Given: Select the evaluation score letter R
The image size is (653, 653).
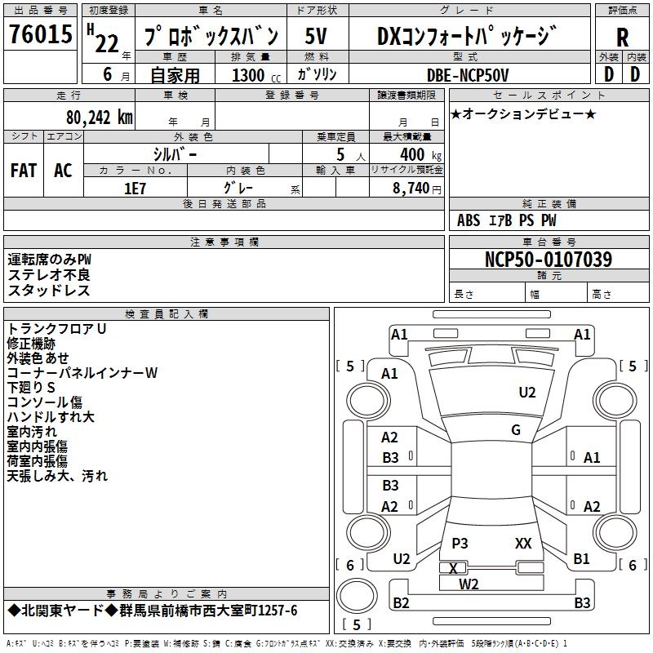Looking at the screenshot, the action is click(622, 37).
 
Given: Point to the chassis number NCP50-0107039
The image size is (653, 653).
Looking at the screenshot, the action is click(548, 260).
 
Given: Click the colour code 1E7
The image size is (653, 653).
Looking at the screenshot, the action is click(135, 187).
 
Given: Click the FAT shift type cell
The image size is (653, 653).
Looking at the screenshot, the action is click(23, 170).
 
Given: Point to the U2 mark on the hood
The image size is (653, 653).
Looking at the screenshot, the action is click(527, 393).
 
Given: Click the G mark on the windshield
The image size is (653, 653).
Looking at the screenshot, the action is click(515, 429).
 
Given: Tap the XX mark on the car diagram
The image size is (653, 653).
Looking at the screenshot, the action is click(523, 543).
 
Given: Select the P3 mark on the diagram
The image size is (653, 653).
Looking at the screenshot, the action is click(460, 543).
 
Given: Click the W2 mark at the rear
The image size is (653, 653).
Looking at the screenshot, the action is click(469, 584).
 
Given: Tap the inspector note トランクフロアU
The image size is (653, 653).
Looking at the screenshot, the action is click(57, 328).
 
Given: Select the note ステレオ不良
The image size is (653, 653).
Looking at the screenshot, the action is click(49, 275).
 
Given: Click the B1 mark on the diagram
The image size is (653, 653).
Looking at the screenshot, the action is click(581, 559).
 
